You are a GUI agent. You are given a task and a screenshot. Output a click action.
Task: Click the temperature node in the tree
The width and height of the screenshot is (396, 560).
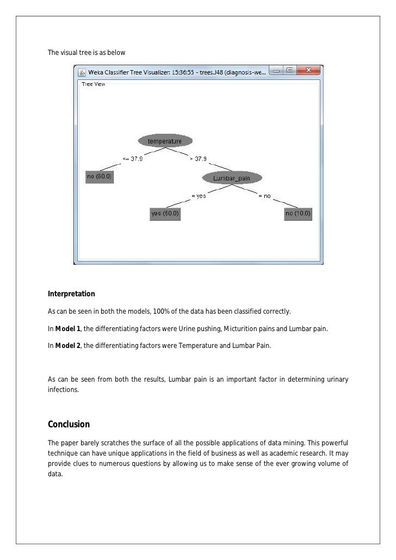165,141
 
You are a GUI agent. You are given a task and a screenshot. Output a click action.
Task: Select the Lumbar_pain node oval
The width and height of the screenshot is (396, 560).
232,178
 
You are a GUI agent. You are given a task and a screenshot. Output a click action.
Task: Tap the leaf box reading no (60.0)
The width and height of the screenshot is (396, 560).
100,177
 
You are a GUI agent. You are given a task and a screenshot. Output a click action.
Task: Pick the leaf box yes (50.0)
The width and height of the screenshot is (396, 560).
165,214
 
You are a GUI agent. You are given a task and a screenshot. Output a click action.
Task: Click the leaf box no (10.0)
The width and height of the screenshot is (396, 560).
298,214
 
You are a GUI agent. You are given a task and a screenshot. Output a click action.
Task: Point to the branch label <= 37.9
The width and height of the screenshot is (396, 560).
133,159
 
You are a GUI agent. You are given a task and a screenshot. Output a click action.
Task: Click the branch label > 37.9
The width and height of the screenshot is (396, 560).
197,159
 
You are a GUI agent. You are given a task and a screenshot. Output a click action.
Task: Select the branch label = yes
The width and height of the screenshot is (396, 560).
198,196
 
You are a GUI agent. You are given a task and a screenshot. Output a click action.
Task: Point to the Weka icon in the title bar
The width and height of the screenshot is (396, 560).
81,72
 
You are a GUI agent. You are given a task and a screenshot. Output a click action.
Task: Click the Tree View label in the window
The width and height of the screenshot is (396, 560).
93,84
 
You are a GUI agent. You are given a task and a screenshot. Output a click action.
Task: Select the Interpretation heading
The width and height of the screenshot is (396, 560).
71,294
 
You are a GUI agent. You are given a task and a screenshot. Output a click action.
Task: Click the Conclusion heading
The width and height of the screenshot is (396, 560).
69,424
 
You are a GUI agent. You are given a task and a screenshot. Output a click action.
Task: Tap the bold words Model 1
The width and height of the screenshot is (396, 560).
67,329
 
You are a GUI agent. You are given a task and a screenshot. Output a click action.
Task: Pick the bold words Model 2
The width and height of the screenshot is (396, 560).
67,347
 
